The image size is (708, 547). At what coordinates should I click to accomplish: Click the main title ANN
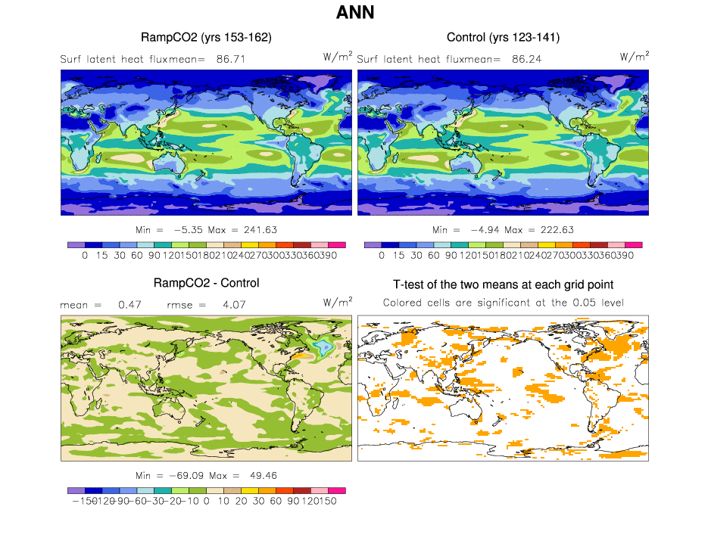[355, 13]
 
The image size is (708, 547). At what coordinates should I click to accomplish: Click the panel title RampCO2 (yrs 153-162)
[206, 37]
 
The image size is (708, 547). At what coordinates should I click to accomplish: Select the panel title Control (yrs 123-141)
[503, 37]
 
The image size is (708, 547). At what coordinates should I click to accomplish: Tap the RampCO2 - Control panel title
[206, 283]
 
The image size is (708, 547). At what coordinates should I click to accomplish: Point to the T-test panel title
[503, 284]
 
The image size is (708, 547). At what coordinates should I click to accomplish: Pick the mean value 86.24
[526, 58]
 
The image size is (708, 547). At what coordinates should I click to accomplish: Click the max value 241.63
[257, 229]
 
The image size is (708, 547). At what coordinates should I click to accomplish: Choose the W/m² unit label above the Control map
[635, 56]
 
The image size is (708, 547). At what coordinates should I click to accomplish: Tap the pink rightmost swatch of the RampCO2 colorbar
[337, 244]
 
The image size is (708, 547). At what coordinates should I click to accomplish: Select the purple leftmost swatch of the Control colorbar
[372, 244]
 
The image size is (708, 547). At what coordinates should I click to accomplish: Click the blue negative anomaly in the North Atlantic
[323, 347]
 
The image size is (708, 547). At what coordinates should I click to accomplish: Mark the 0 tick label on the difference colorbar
[205, 502]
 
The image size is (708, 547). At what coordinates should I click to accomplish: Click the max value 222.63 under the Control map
[554, 229]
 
